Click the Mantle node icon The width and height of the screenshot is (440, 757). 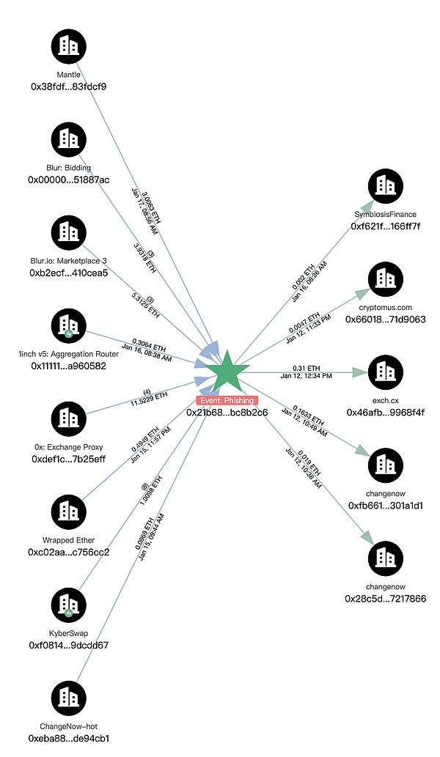click(x=69, y=45)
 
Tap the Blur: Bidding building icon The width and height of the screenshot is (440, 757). click(x=69, y=139)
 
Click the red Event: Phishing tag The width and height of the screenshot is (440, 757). click(x=227, y=400)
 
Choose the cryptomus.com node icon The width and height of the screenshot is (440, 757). click(x=386, y=279)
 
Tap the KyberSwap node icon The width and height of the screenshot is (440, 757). click(x=69, y=605)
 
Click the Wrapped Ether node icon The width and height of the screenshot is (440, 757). click(x=69, y=512)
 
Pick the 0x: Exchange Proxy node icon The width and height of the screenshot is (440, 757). click(x=69, y=419)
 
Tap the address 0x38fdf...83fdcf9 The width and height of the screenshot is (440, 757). click(x=69, y=86)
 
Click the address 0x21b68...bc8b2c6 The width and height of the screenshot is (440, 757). click(x=227, y=413)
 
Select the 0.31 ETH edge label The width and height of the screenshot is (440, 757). click(x=306, y=367)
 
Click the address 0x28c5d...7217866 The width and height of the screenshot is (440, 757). click(x=386, y=599)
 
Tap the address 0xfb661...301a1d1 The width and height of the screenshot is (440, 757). click(x=386, y=506)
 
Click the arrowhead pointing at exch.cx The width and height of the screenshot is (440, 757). click(x=359, y=372)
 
